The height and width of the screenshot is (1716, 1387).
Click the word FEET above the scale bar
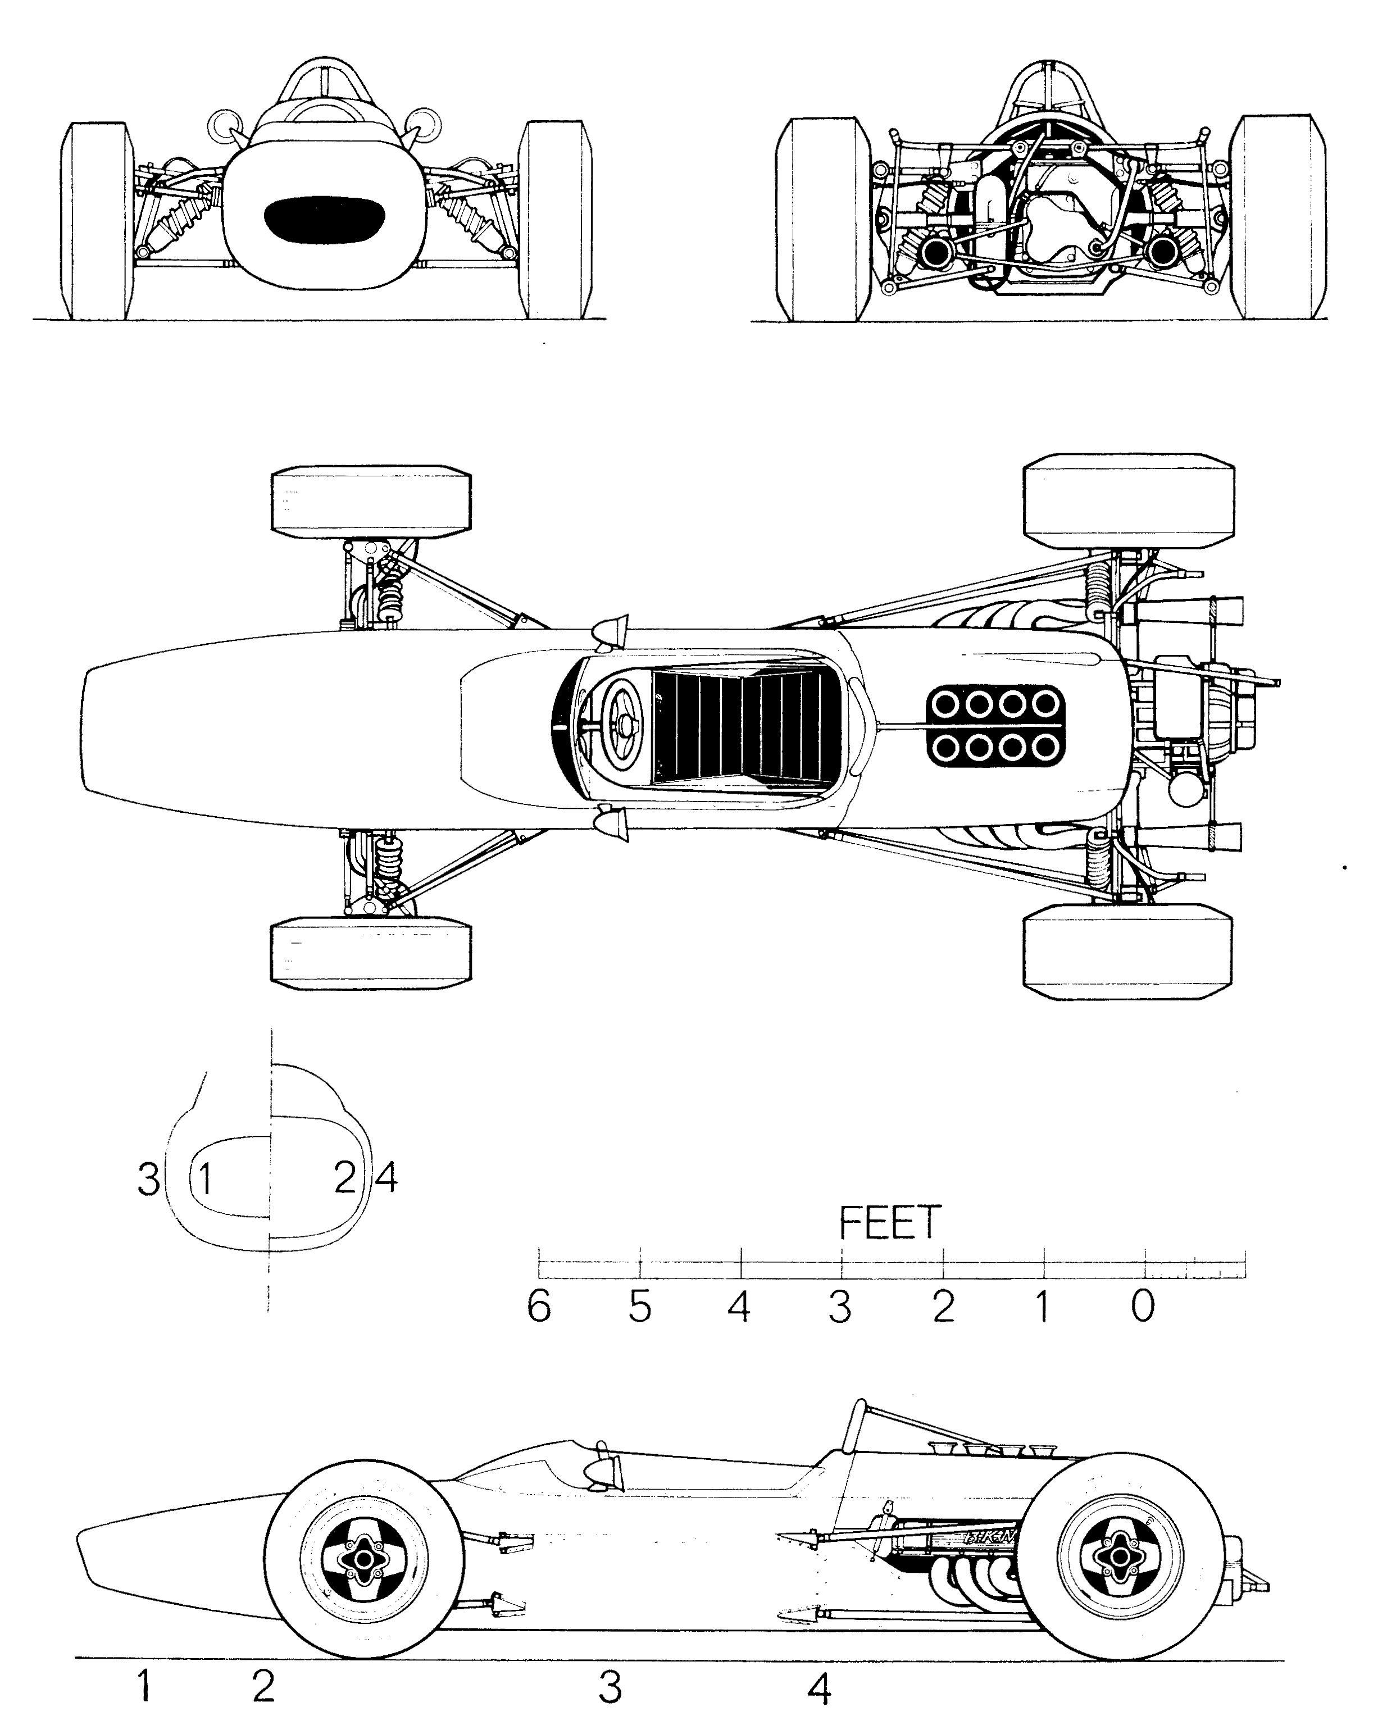889,1223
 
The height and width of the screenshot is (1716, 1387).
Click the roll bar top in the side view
859,1408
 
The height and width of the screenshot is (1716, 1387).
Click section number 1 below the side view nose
144,1682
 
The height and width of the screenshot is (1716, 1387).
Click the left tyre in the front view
96,221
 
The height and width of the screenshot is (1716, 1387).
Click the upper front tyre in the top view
371,500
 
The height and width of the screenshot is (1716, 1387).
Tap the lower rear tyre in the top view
1128,952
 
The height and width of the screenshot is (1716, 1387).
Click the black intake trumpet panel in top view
995,725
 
